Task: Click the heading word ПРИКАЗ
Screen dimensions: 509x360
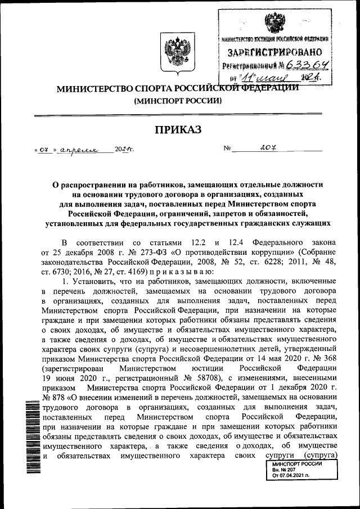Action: pos(177,130)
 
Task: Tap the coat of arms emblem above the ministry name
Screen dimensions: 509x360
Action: pos(172,51)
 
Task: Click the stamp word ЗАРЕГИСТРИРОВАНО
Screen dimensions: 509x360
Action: pos(277,53)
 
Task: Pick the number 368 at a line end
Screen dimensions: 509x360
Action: pos(329,358)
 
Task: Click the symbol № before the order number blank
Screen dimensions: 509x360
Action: pos(228,150)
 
